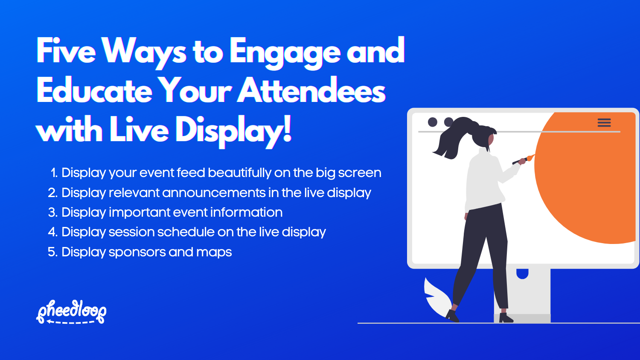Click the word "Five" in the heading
[x=66, y=51]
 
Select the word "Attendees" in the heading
[x=312, y=90]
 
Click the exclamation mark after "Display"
[x=287, y=128]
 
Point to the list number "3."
[x=52, y=212]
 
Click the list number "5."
[x=52, y=252]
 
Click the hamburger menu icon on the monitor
[x=604, y=123]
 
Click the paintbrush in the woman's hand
[x=523, y=160]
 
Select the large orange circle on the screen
[x=589, y=179]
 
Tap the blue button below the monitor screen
[x=522, y=273]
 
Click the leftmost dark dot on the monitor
[x=433, y=122]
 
